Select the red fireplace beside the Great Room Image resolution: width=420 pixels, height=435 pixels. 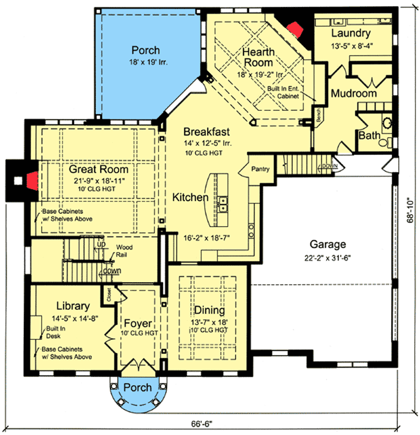[x=33, y=178]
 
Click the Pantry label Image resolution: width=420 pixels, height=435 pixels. [x=260, y=169]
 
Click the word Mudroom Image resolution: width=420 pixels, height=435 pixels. [x=354, y=94]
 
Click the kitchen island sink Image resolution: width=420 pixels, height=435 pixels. [x=223, y=203]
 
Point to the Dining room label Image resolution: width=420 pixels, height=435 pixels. [x=210, y=310]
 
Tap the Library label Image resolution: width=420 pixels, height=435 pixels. [x=73, y=306]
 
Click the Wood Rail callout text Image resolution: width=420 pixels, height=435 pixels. [x=124, y=250]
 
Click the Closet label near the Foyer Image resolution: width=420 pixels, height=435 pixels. [x=109, y=294]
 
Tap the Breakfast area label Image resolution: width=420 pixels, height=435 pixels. [x=206, y=132]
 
